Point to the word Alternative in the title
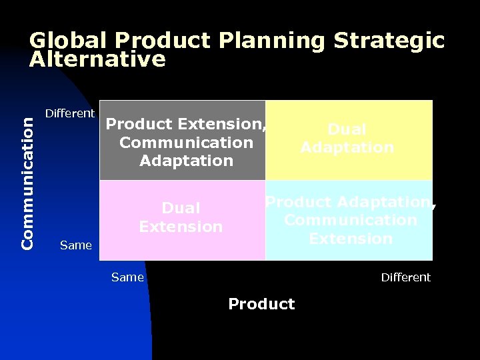point(97,60)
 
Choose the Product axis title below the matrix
point(261,304)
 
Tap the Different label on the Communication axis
point(69,113)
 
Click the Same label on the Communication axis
point(75,245)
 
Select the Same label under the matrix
point(127,277)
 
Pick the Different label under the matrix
point(405,277)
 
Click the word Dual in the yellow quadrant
point(347,129)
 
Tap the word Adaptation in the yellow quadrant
point(347,147)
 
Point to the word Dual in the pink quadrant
point(181,209)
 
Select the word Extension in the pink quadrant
point(181,227)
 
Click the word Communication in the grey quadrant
point(186,143)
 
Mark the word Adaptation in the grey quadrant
point(186,161)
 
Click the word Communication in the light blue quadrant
point(351,220)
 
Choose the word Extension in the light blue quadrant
point(351,238)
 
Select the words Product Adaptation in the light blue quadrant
point(348,202)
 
